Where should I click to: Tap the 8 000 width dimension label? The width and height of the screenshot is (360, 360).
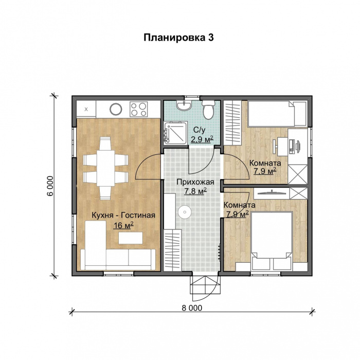tap(192, 308)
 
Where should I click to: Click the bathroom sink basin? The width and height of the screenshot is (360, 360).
tap(184, 106)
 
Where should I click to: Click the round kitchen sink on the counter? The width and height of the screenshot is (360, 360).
tap(116, 109)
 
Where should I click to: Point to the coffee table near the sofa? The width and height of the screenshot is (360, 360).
tap(131, 238)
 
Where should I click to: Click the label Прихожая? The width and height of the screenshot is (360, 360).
tap(192, 182)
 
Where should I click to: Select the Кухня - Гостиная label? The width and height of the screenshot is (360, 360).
tap(123, 215)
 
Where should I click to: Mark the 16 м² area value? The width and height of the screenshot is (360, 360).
tap(123, 225)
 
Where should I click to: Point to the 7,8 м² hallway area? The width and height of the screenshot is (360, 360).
tap(195, 191)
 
